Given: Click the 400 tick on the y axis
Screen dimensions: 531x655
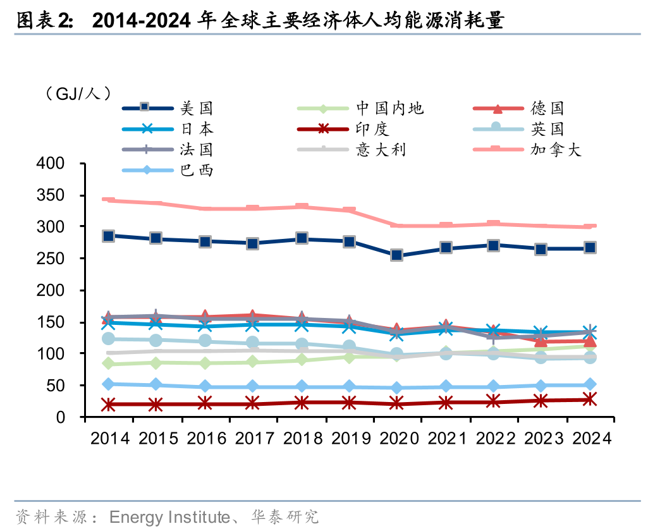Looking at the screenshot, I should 61,164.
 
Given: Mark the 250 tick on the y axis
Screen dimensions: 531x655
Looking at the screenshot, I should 61,259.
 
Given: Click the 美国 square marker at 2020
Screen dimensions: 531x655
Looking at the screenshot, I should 396,255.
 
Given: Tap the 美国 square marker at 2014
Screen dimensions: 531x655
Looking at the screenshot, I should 109,236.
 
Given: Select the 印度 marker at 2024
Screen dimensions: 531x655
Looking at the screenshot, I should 589,399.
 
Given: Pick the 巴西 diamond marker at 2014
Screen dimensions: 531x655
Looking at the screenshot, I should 109,384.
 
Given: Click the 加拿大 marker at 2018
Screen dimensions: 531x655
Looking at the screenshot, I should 301,207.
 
